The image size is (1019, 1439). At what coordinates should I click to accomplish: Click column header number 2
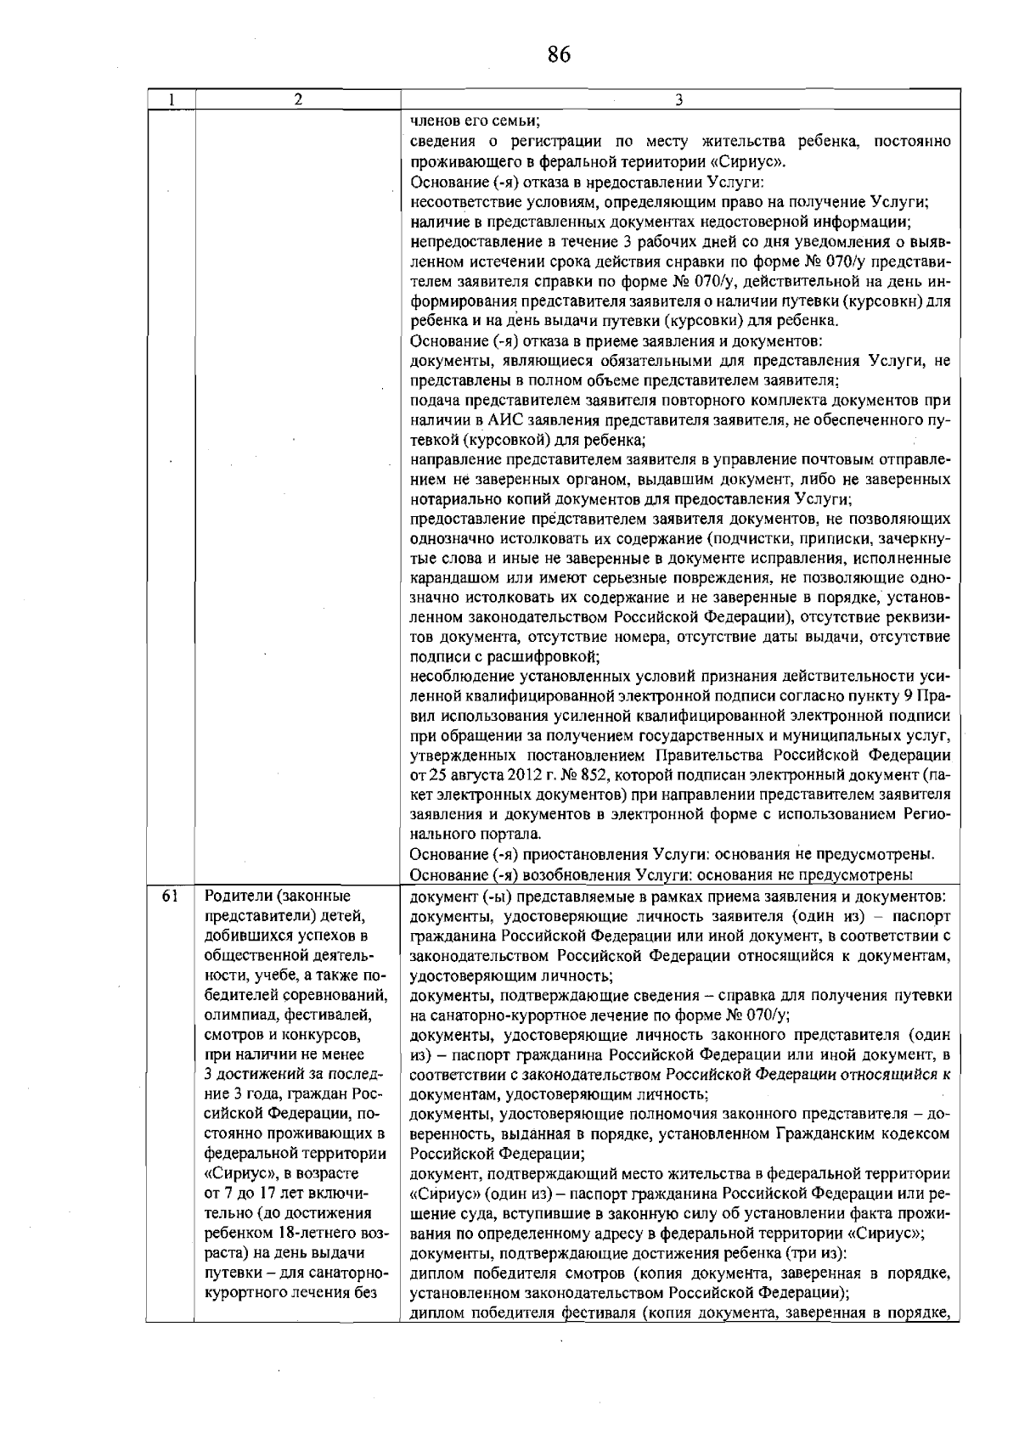point(297,99)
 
